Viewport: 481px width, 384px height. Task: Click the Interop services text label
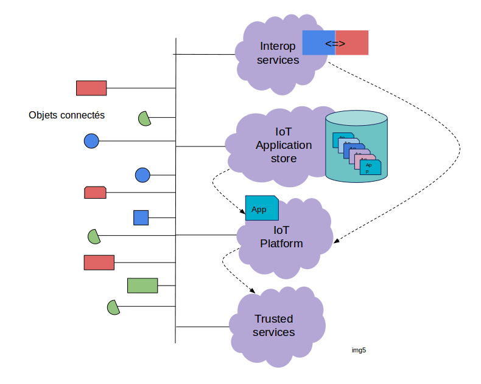tap(278, 53)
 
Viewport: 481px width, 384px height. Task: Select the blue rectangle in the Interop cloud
tap(318, 43)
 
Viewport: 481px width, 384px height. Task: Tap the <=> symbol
tap(335, 44)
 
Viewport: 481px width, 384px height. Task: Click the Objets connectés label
tap(67, 115)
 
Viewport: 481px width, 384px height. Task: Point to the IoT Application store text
tap(284, 145)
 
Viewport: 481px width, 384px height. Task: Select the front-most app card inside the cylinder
tap(370, 167)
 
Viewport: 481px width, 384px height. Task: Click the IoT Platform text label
tap(281, 237)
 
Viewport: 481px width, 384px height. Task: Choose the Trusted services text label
tap(273, 326)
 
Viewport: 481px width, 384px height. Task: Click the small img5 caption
tap(359, 350)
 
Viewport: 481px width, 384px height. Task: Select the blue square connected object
tap(141, 218)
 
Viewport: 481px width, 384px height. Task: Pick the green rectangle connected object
tap(142, 286)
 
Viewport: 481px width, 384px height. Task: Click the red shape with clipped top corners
tap(95, 193)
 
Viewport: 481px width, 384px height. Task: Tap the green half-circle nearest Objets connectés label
tap(144, 118)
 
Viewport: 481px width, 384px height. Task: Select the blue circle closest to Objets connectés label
tap(91, 141)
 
